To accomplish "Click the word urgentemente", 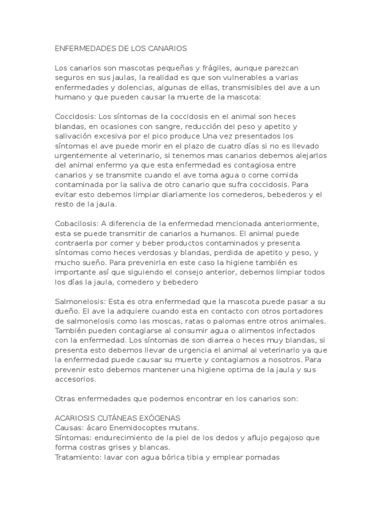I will (x=82, y=156).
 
